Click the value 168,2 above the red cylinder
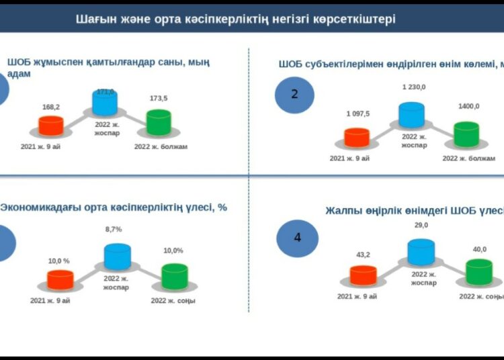(51, 106)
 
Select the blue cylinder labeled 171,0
(105, 102)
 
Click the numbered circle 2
(294, 93)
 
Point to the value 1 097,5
(358, 114)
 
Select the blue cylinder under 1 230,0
(411, 115)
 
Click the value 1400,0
(468, 106)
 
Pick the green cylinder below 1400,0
(468, 134)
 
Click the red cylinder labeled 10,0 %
(60, 279)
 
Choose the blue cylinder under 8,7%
(117, 257)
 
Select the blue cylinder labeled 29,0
(421, 252)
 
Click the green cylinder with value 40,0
(479, 272)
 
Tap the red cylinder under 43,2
(364, 275)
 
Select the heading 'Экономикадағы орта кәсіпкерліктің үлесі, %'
(114, 208)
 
